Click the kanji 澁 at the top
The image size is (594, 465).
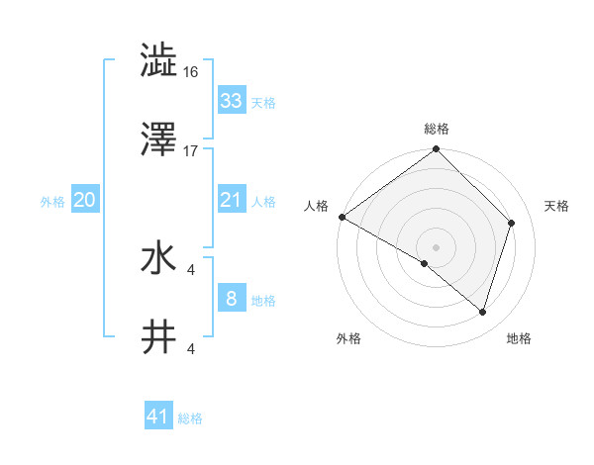pos(159,60)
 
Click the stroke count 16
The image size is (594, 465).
pos(191,71)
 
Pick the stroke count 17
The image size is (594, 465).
pos(191,150)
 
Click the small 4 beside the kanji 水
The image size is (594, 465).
pos(191,269)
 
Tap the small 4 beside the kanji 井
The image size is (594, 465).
pos(191,348)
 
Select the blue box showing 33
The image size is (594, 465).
pos(231,101)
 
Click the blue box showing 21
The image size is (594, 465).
pos(231,200)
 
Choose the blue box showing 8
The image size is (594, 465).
pos(231,299)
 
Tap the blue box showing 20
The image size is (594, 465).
pos(85,200)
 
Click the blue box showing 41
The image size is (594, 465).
pos(158,417)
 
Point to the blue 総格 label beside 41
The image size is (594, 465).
pos(190,418)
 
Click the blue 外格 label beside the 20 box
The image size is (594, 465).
pos(52,201)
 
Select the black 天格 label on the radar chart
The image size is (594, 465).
pos(556,206)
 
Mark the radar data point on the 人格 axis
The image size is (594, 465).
pos(342,217)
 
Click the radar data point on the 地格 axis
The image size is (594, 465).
pos(482,312)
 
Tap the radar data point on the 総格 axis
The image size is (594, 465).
pos(436,150)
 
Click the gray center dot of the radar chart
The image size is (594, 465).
pos(436,246)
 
